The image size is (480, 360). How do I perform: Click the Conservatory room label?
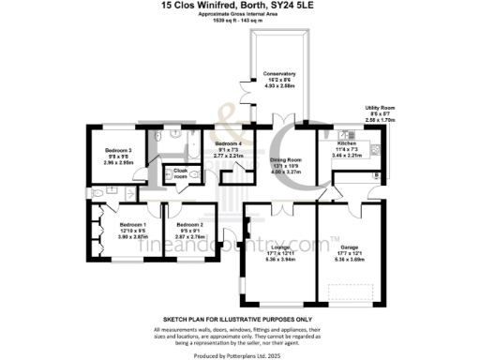279,73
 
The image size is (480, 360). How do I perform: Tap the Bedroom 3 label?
118,150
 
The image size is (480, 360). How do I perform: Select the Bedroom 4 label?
229,142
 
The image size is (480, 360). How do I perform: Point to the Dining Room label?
286,160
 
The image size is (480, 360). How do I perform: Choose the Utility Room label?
381,109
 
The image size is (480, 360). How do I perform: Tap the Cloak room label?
180,172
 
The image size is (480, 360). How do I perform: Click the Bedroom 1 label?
132,225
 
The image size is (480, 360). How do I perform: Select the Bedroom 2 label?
189,225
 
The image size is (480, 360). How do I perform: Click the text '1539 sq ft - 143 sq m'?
240,20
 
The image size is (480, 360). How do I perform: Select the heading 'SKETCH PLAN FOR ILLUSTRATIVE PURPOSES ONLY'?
240,319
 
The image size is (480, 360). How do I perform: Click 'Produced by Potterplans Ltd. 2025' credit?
240,354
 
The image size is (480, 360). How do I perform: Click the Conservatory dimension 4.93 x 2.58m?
279,85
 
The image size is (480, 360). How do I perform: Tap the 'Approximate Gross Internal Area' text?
240,14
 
